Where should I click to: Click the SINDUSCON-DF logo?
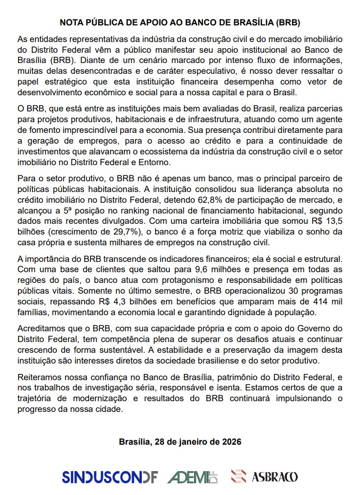coord(110,476)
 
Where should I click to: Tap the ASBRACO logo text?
coord(274,476)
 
